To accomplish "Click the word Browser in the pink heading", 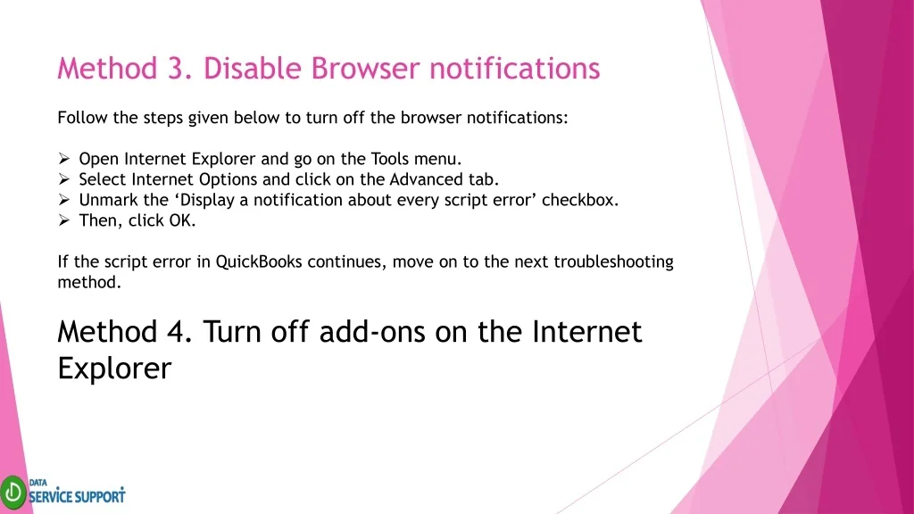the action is tap(365, 68).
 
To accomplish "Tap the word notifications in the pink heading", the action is tap(515, 68).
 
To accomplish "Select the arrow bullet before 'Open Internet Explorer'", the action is tap(63, 159).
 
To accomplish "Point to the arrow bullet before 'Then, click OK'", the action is tap(63, 220).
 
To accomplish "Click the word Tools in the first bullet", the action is tap(390, 159).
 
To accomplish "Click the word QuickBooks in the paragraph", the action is tap(259, 261).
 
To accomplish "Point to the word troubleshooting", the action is tap(613, 262).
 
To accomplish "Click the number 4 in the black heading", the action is tap(179, 332).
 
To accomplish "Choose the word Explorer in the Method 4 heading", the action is tap(114, 369).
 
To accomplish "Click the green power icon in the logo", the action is tap(12, 493).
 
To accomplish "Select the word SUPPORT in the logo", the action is tap(100, 496).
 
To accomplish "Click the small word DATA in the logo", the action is tap(37, 483).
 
